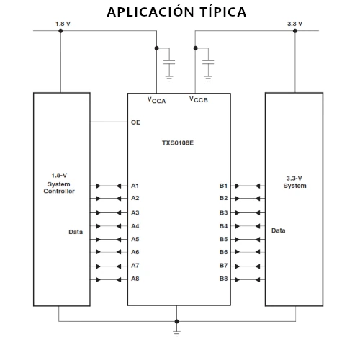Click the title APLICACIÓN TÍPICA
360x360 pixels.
pyautogui.click(x=176, y=12)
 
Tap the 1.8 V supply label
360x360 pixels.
pyautogui.click(x=63, y=24)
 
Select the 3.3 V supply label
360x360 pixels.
pyautogui.click(x=294, y=24)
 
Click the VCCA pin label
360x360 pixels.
pyautogui.click(x=156, y=100)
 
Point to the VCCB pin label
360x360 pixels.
pyautogui.click(x=199, y=99)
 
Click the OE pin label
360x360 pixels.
pyautogui.click(x=135, y=122)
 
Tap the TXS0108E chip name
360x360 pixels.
pyautogui.click(x=178, y=143)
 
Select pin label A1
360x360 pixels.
pyautogui.click(x=135, y=186)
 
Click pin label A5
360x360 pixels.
pyautogui.click(x=135, y=239)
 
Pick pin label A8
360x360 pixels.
pyautogui.click(x=135, y=279)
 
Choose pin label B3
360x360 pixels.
pyautogui.click(x=223, y=212)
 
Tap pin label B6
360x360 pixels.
pyautogui.click(x=223, y=252)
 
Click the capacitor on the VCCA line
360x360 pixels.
pyautogui.click(x=169, y=63)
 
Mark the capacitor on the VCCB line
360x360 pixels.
pyautogui.click(x=208, y=63)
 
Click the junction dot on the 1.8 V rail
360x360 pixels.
pyautogui.click(x=60, y=31)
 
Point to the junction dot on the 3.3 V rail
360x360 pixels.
pyautogui.click(x=295, y=31)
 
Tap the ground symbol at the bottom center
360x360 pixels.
pyautogui.click(x=176, y=333)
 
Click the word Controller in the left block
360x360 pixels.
pyautogui.click(x=59, y=191)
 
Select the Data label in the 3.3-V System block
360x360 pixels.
pyautogui.click(x=279, y=230)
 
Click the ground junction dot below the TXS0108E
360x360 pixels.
pyautogui.click(x=176, y=321)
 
